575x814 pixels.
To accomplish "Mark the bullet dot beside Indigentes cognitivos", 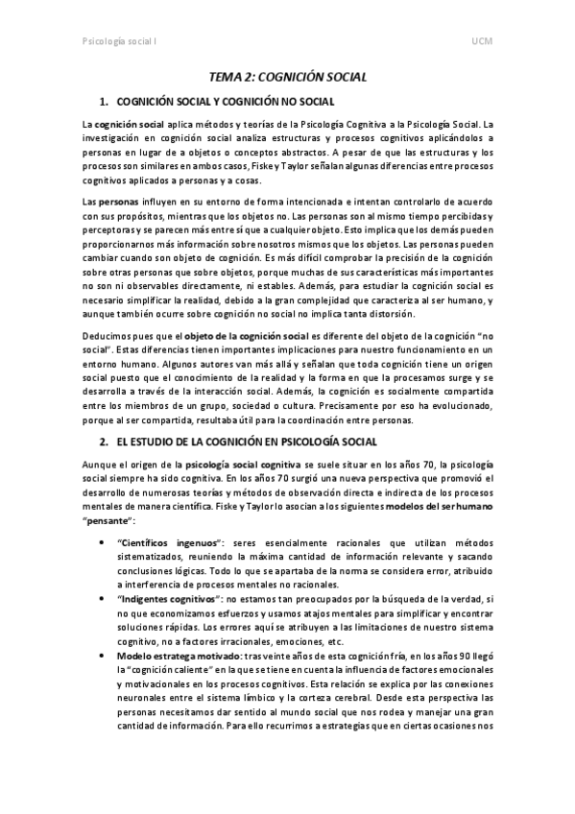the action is coord(105,597).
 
